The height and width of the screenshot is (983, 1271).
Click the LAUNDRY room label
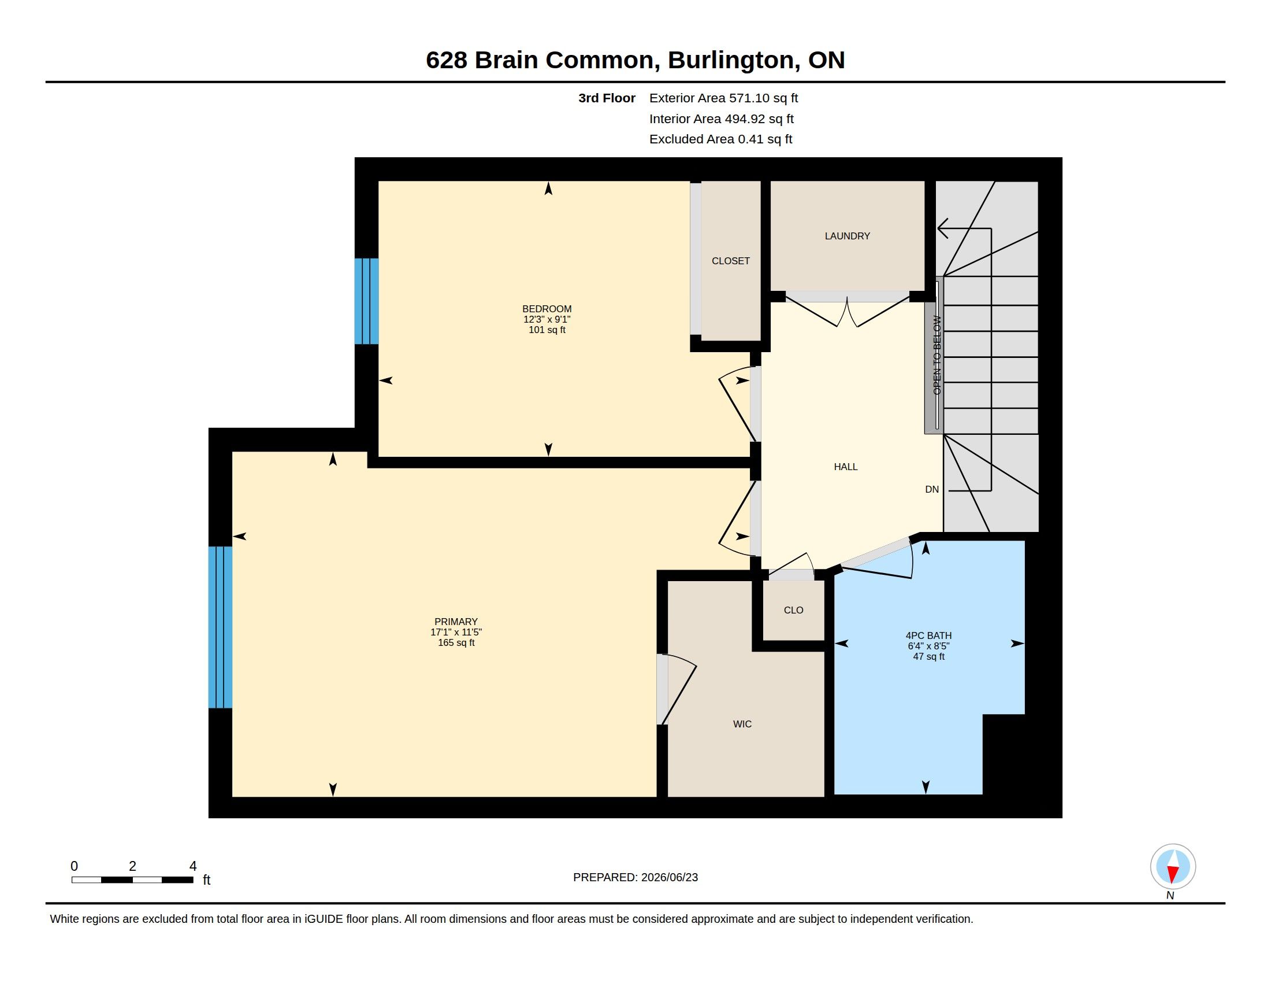pos(847,236)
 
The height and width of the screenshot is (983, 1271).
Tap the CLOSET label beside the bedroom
pos(730,261)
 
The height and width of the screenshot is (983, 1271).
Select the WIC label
pos(742,724)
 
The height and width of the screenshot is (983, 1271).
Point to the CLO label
pos(793,609)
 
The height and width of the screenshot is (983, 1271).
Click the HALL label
pos(846,467)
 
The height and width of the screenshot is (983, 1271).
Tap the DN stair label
pos(932,489)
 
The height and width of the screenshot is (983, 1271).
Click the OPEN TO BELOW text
pos(937,355)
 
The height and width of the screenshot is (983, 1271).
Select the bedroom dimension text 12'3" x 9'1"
pos(547,319)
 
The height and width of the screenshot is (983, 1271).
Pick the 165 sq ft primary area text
pos(456,642)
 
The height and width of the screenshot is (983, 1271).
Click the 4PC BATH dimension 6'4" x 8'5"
pos(928,646)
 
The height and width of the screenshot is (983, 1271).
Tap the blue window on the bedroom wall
pos(367,301)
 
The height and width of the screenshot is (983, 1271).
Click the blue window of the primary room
pos(220,627)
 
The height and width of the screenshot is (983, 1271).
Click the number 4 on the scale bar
pos(192,866)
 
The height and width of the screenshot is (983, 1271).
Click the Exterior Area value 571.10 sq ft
pos(764,98)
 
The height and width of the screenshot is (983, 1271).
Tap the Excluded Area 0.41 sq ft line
pos(720,139)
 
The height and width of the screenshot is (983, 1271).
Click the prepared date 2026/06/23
pos(669,877)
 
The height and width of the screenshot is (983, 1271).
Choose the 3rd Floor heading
pos(607,98)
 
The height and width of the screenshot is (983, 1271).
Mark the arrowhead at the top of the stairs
pos(943,228)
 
